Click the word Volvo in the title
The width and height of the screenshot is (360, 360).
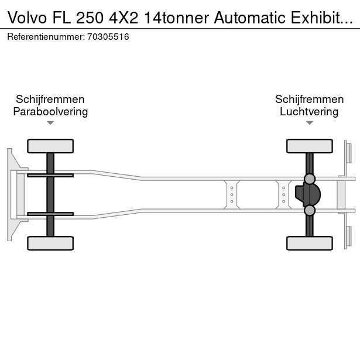pos(27,18)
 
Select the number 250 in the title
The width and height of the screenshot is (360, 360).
pos(90,18)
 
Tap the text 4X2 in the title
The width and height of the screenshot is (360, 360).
pos(124,18)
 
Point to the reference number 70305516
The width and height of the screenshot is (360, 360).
pos(108,37)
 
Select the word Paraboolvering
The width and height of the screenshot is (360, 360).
pos(50,112)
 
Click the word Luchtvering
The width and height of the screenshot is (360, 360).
pos(309,112)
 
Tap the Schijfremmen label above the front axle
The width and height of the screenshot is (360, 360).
pos(50,100)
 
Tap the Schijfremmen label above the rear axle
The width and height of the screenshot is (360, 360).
pos(310,100)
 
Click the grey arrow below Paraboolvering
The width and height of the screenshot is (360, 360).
pos(50,123)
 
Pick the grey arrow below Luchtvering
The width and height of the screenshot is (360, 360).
pos(310,123)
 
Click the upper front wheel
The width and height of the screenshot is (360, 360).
pos(50,146)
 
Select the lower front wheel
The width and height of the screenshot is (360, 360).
pos(50,243)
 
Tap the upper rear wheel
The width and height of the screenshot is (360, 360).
pos(310,146)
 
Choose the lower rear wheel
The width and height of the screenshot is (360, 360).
pos(310,243)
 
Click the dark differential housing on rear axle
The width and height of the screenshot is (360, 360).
pos(308,195)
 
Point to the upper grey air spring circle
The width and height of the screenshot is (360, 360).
pos(310,179)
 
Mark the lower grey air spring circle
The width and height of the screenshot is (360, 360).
pos(310,210)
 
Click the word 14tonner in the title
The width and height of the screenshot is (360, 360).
pos(176,18)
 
